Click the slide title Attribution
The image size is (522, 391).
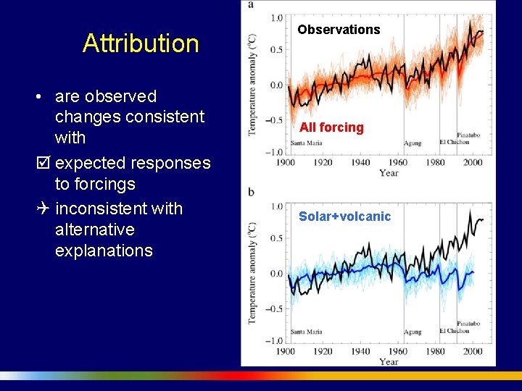141,43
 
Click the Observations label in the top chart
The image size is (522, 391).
339,30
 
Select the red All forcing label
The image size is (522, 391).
331,127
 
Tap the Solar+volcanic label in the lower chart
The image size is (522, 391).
344,216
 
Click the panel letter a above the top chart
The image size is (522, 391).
251,4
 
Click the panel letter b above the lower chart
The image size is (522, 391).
251,191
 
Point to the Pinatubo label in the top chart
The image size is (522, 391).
468,135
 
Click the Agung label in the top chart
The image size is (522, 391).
413,143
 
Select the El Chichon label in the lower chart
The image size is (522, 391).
454,331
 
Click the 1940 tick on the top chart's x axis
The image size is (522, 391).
360,162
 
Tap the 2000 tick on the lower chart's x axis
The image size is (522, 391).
472,351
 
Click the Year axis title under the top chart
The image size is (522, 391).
389,173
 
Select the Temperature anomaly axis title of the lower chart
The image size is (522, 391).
252,273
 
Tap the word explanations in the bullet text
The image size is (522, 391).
104,251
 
